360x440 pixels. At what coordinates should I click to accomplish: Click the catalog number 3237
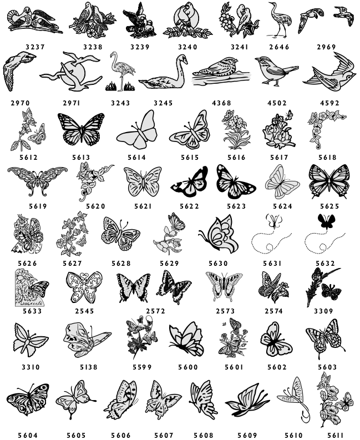coord(36,47)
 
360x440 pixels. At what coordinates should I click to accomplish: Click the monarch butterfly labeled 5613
coord(81,129)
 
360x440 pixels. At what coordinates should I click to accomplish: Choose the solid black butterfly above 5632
coord(326,221)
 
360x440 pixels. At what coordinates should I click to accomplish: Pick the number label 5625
coord(329,206)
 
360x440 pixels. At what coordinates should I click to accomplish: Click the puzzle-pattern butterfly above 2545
coord(84,287)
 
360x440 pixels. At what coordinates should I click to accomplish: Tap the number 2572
coord(156,311)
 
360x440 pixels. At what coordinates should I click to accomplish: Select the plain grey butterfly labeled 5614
coord(137,130)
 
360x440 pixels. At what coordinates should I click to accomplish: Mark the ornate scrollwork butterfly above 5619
coord(37,180)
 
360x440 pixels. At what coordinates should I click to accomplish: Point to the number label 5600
coord(188,367)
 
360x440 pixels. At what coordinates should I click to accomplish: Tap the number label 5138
coord(89,367)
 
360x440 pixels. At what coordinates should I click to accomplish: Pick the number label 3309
coord(323,311)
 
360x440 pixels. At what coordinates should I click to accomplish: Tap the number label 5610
coord(293,435)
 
